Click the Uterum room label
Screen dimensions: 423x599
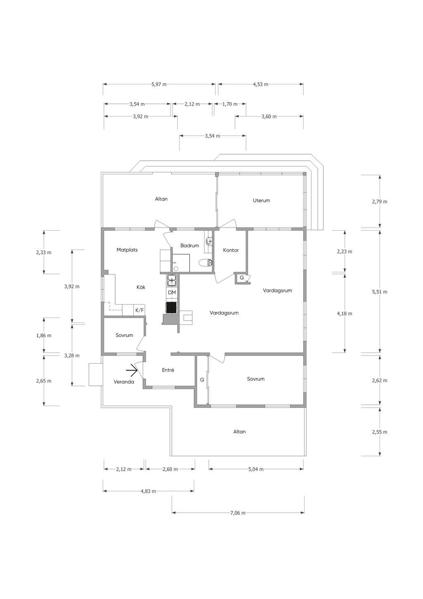[261, 200]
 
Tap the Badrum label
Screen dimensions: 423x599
[190, 246]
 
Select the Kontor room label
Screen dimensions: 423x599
[231, 250]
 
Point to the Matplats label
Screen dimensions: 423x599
[127, 250]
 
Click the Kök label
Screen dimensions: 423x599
[141, 287]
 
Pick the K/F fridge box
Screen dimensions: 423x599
[140, 310]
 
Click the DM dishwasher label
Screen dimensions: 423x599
[172, 293]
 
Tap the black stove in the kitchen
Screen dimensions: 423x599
[171, 308]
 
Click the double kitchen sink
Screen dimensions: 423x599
[172, 280]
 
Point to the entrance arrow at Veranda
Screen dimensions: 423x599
[132, 370]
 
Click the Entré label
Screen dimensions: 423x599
[168, 370]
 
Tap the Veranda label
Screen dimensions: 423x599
[124, 382]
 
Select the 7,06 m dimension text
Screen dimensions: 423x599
[238, 513]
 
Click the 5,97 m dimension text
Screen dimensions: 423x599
[159, 84]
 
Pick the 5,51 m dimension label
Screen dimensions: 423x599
[380, 292]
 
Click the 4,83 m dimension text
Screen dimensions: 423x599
[148, 491]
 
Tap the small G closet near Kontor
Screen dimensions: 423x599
[242, 278]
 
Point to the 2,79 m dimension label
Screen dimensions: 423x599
[380, 202]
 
